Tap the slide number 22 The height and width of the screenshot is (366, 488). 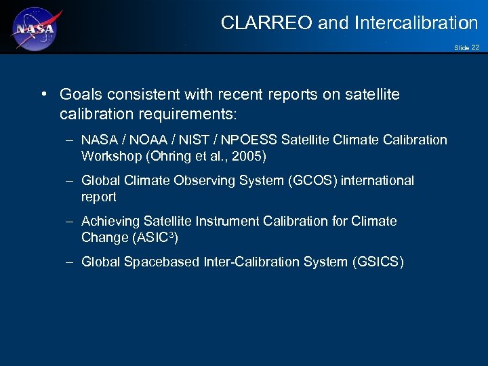[475, 47]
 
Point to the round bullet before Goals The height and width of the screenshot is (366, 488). [44, 94]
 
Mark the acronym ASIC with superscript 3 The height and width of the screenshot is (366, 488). [159, 238]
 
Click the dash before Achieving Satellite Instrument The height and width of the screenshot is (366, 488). [70, 222]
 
